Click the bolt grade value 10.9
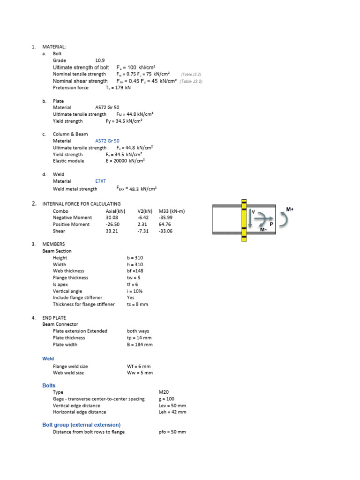tap(100, 60)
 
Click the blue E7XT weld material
tap(100, 181)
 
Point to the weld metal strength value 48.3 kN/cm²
tap(142, 189)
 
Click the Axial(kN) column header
tap(115, 211)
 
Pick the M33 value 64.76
tap(166, 225)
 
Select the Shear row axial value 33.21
tap(112, 231)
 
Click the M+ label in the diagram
tap(290, 209)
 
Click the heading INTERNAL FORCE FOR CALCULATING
tap(81, 204)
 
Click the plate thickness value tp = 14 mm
tap(139, 337)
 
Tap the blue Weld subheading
tap(48, 359)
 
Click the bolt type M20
tap(164, 392)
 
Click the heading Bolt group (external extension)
tap(81, 425)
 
